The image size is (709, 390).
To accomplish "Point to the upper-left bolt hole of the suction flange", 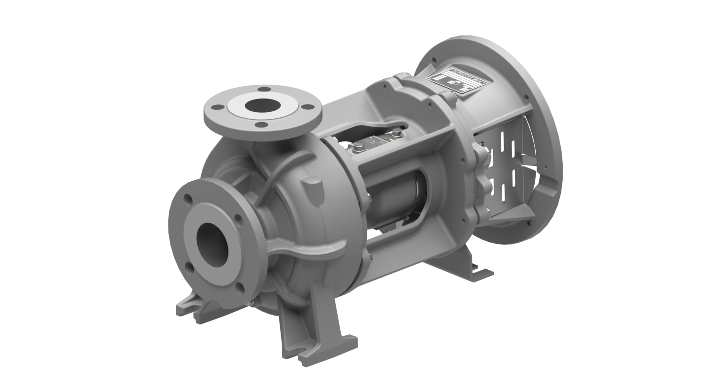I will (x=188, y=199).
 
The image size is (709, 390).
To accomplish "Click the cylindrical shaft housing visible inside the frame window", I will (x=399, y=197).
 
